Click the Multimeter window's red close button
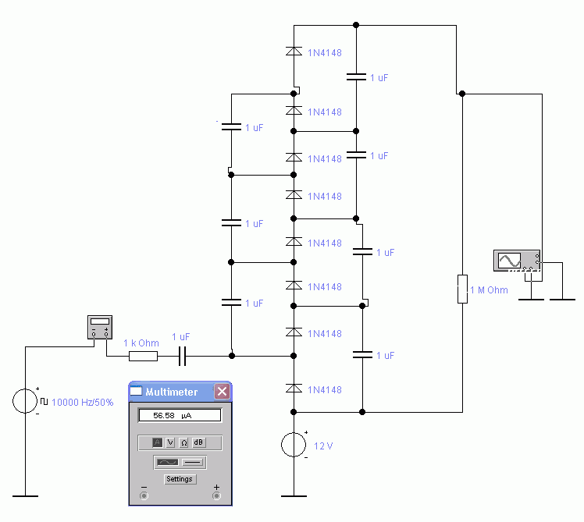click(222, 392)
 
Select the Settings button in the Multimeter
click(180, 479)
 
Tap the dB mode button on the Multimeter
click(198, 442)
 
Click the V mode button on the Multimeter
click(170, 442)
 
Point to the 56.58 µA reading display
click(180, 416)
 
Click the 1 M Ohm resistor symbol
click(462, 289)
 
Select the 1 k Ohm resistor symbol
click(144, 357)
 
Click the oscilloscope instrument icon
click(517, 261)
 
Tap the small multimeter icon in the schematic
click(100, 327)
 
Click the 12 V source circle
click(294, 445)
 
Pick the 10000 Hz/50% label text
click(82, 403)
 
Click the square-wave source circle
click(25, 401)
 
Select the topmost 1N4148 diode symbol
click(294, 51)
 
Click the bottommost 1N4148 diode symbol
click(294, 389)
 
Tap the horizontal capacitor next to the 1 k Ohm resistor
click(182, 357)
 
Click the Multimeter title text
click(171, 392)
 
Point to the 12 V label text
click(323, 446)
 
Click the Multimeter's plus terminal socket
click(216, 495)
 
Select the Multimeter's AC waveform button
click(168, 463)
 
